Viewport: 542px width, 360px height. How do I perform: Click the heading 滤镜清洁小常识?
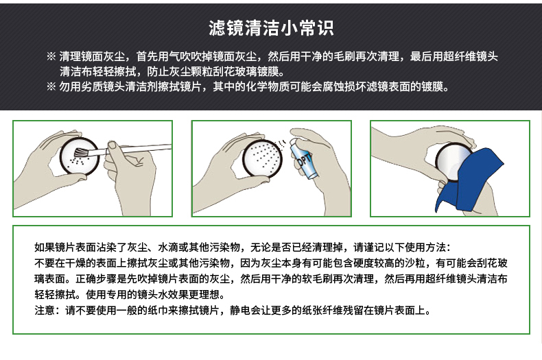[271, 28]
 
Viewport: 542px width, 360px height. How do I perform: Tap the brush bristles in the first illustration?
[81, 153]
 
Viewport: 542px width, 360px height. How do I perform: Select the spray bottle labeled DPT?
[302, 158]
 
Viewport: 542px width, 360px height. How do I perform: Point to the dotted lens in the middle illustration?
[262, 159]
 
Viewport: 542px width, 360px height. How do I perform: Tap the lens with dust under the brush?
[80, 156]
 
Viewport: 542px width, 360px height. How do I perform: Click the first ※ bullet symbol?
[51, 56]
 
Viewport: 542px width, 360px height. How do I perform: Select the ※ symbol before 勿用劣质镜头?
[51, 86]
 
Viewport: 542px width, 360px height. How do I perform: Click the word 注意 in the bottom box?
[45, 310]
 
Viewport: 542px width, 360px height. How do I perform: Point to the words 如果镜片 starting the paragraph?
[55, 247]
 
